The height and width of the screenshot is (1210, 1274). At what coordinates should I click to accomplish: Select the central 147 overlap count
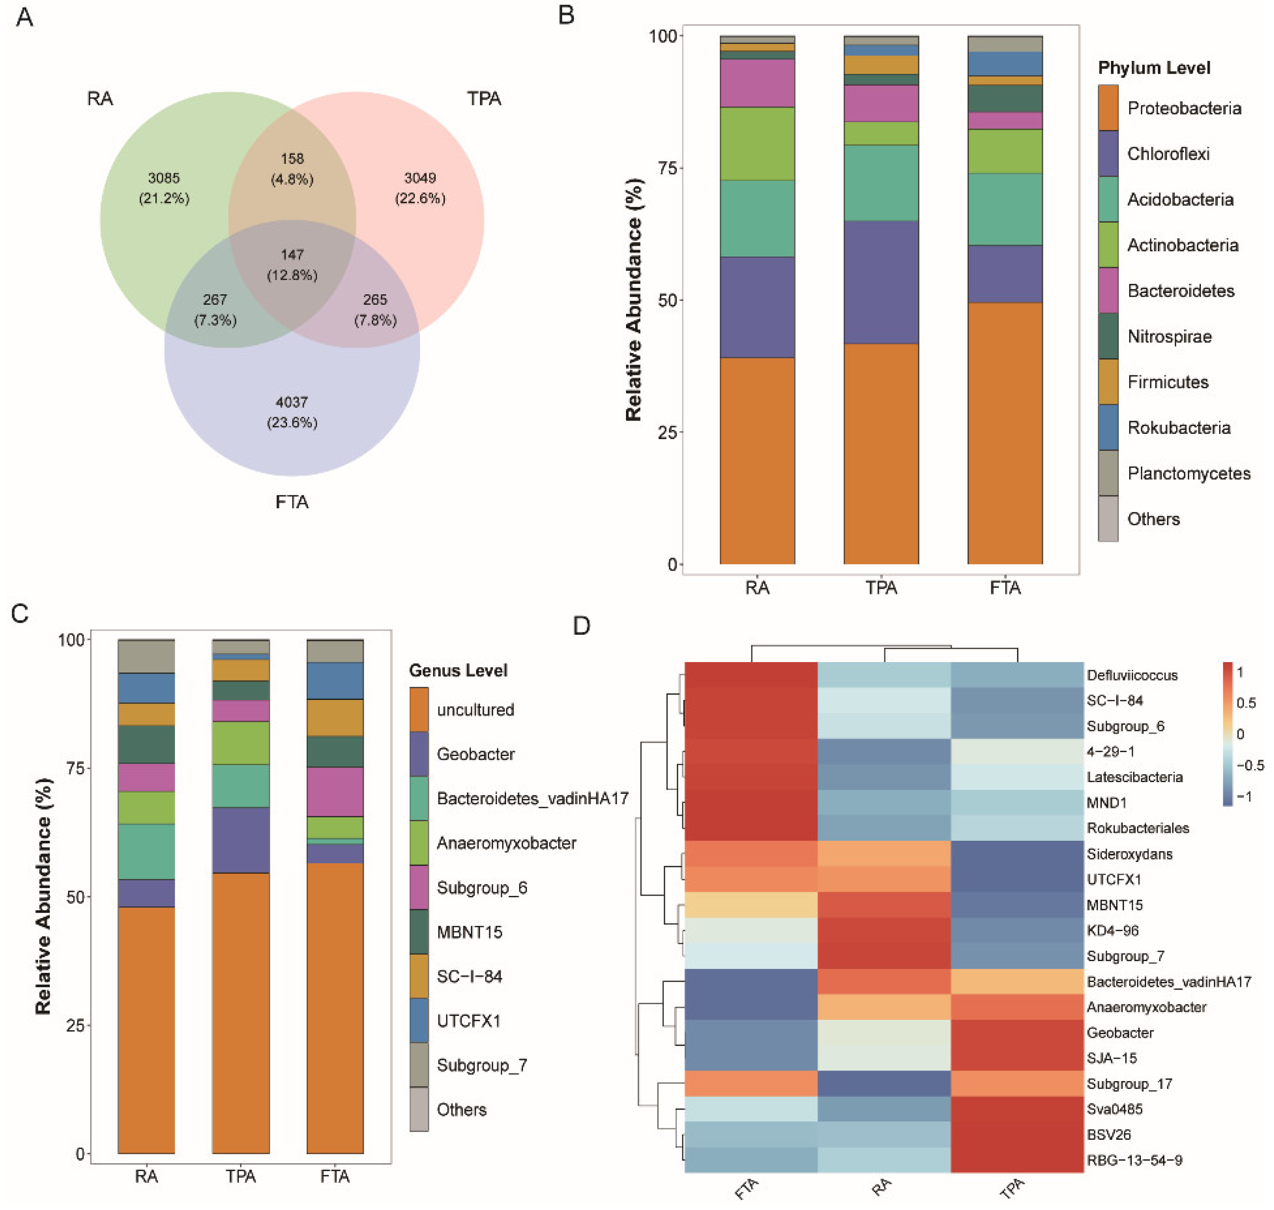[291, 255]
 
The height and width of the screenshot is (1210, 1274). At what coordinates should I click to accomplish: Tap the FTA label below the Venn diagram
[291, 502]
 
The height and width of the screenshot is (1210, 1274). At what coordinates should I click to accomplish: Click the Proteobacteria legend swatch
[1108, 108]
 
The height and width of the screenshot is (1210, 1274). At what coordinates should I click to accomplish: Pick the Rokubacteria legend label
[1179, 428]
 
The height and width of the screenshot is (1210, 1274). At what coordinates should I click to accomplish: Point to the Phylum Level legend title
[1153, 68]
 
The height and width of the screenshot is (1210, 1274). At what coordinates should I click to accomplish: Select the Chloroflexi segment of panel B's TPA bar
[881, 282]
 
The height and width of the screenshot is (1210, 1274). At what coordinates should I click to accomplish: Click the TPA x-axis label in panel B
[881, 588]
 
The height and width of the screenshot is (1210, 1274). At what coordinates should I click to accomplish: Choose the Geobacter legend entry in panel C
[475, 754]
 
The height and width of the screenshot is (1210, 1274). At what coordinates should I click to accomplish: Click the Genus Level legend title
[458, 671]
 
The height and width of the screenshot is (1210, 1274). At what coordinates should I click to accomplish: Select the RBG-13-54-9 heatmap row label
[1134, 1160]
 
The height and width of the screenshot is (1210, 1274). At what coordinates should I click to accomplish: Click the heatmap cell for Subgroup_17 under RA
[884, 1084]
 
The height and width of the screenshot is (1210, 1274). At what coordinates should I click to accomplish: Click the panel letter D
[581, 626]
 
